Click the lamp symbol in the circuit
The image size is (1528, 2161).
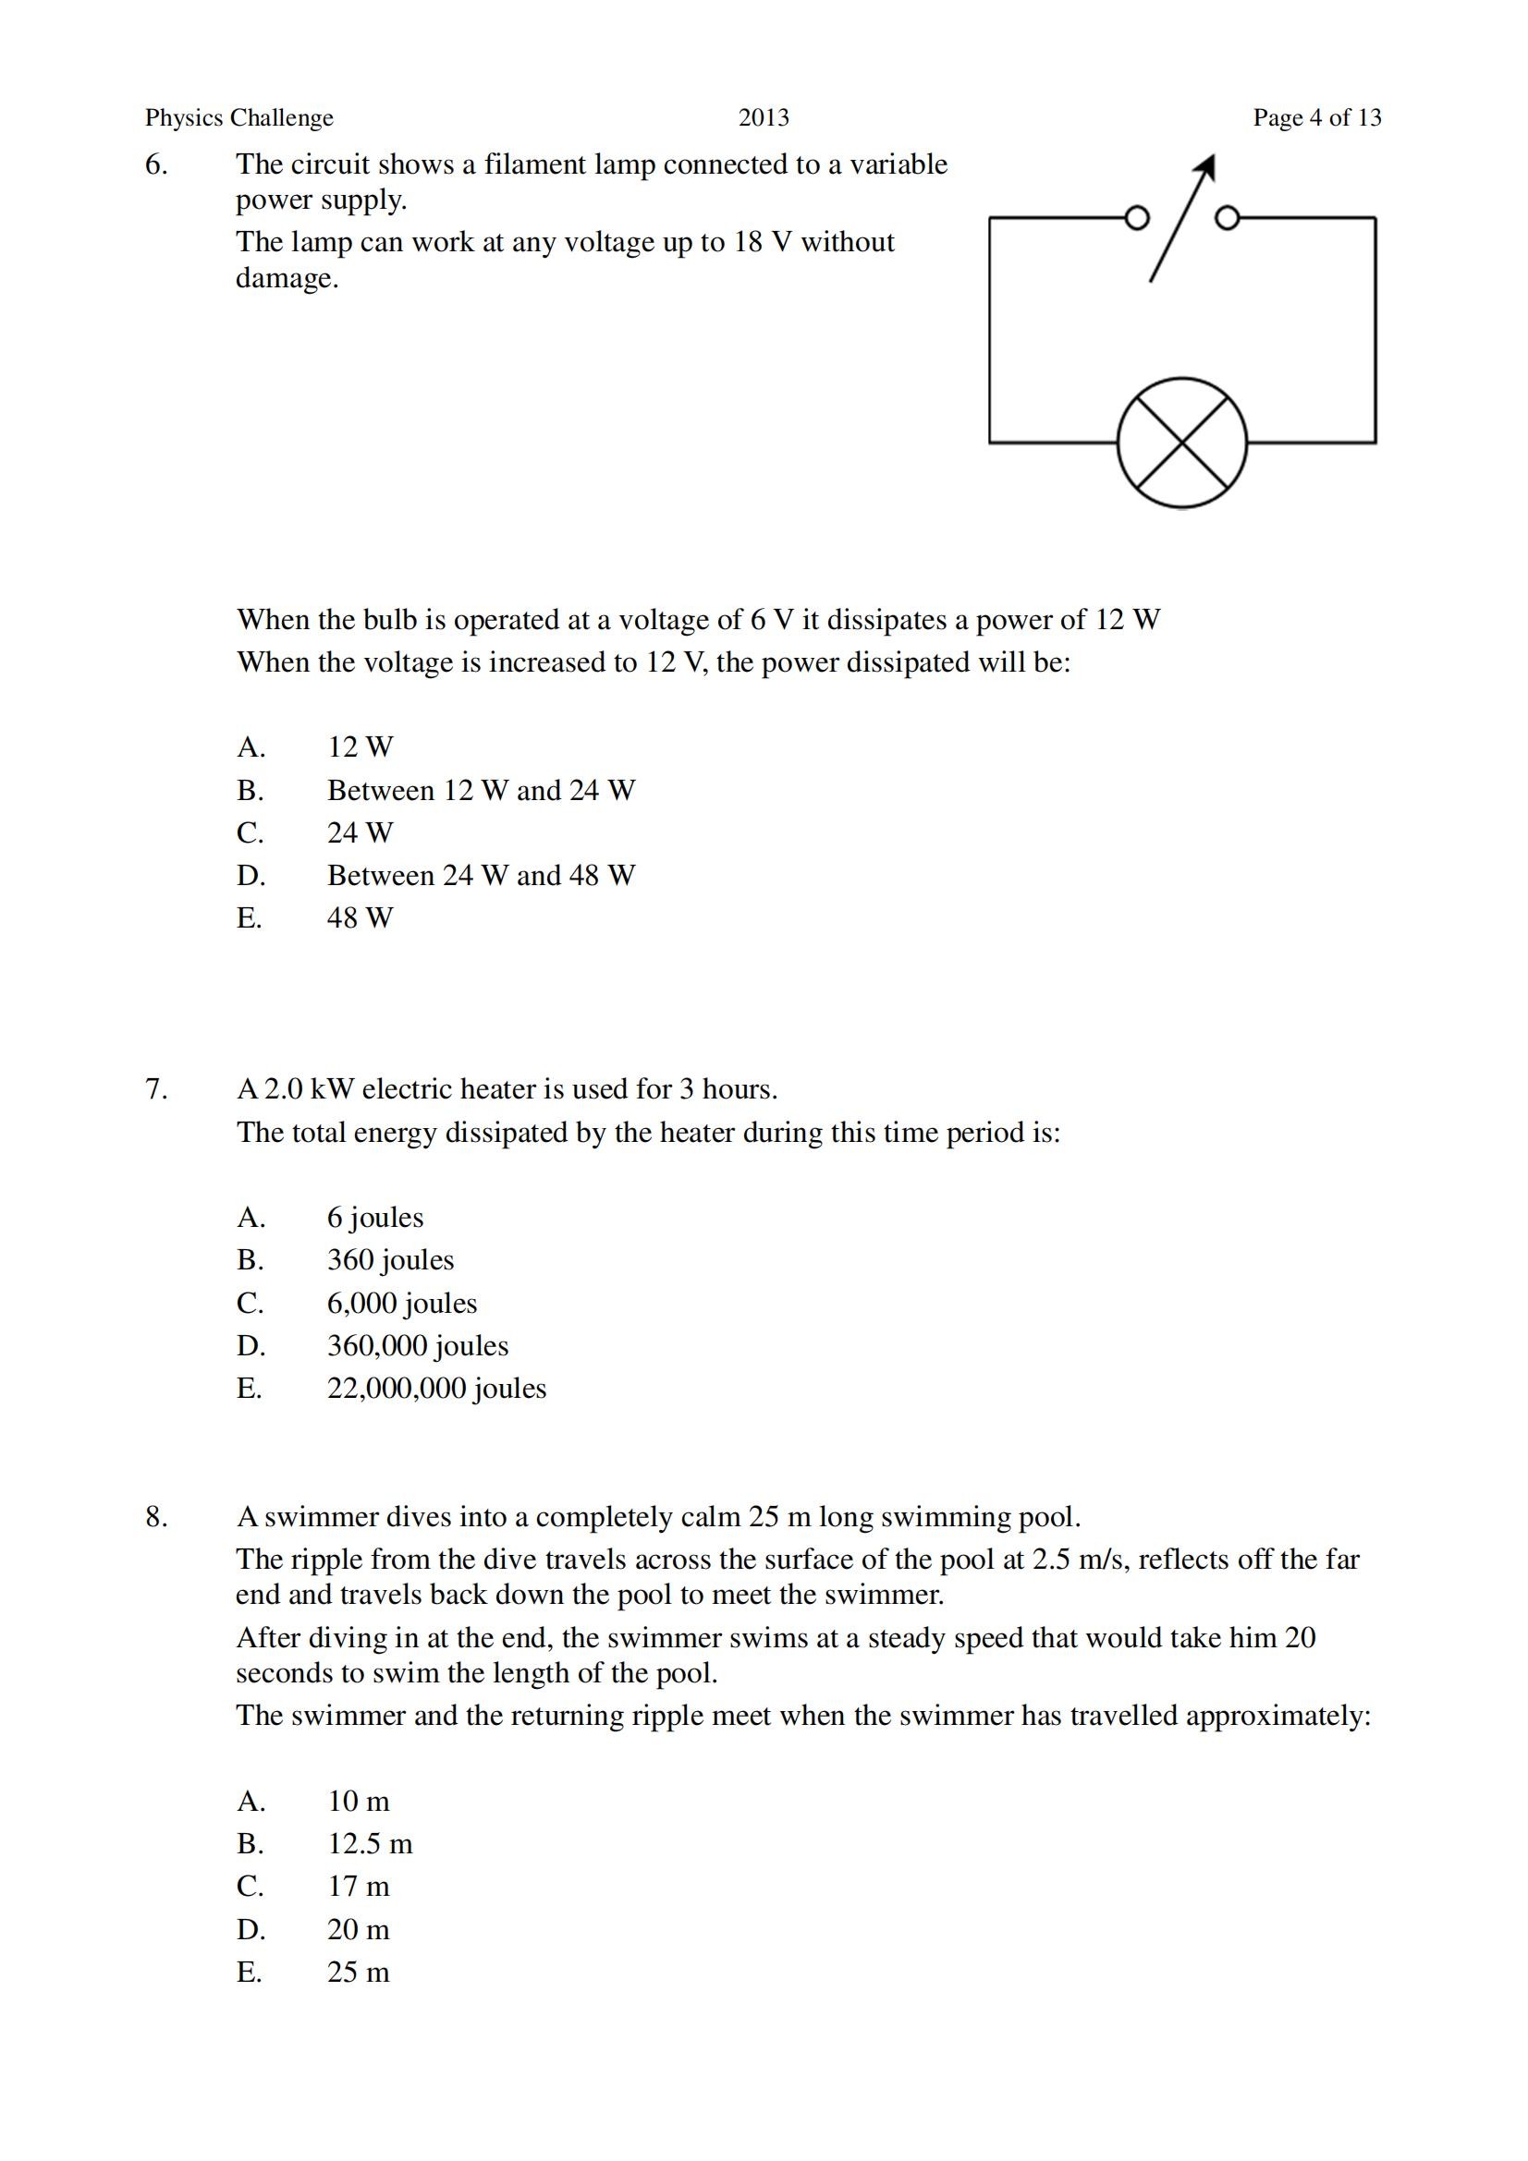[1181, 443]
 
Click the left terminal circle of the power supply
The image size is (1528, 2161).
[1137, 218]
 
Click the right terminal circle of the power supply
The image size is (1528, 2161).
[1227, 218]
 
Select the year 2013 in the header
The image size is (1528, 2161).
[764, 117]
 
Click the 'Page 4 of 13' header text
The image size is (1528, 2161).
[1316, 117]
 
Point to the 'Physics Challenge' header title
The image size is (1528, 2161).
[239, 117]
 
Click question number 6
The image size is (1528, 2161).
[156, 164]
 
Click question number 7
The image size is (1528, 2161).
[156, 1089]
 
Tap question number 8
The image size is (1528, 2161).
[156, 1516]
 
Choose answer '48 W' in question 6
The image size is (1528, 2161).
[360, 917]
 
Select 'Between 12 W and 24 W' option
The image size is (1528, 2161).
[481, 790]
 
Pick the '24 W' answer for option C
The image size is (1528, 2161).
[360, 832]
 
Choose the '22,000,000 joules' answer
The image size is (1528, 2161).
[437, 1389]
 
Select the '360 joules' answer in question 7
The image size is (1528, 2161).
[391, 1259]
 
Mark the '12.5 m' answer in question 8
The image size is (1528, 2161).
[370, 1843]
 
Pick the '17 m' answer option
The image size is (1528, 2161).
[358, 1887]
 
